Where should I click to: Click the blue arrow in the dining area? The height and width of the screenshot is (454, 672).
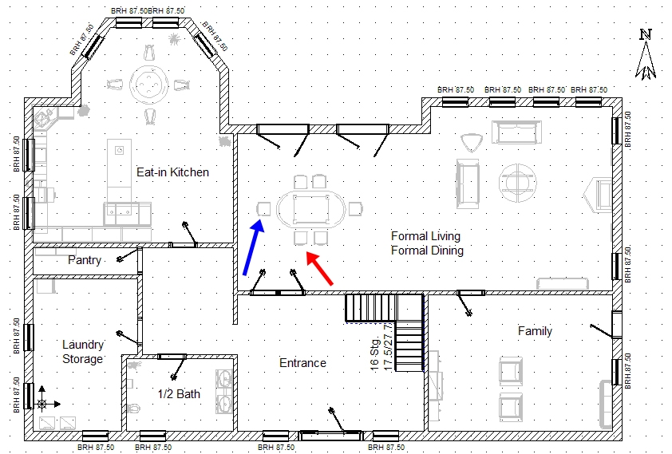tap(253, 247)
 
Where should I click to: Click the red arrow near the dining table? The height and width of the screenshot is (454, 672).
tap(320, 268)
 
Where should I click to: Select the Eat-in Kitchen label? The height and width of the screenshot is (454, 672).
tap(172, 172)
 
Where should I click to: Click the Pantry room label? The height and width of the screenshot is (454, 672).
tap(85, 260)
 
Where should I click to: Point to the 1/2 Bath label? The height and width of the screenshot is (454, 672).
tap(179, 393)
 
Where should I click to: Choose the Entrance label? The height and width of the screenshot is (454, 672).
tap(302, 363)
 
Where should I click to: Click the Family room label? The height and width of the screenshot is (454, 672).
tap(535, 330)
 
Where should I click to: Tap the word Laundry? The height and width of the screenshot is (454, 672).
tap(83, 345)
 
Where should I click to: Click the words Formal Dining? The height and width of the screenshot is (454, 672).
tap(427, 250)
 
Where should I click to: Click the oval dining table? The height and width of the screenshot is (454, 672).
tap(311, 209)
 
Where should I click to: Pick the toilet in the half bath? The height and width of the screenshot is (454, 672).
tap(133, 408)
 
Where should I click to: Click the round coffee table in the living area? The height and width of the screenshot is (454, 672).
tap(518, 183)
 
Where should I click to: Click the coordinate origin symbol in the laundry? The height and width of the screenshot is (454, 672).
tap(42, 404)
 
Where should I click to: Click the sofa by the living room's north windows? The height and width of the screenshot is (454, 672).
tap(517, 132)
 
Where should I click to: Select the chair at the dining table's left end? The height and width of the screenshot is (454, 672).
tap(263, 209)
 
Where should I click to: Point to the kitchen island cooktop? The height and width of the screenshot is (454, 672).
tap(120, 150)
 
